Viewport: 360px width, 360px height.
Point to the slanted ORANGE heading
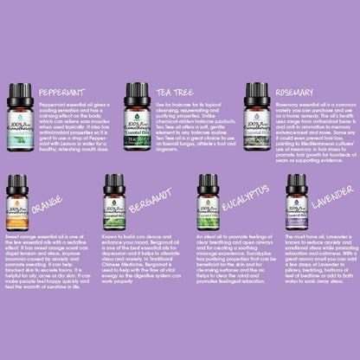point(47,208)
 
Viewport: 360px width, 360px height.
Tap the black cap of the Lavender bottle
point(297,183)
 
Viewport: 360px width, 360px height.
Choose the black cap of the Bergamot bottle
point(115,183)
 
